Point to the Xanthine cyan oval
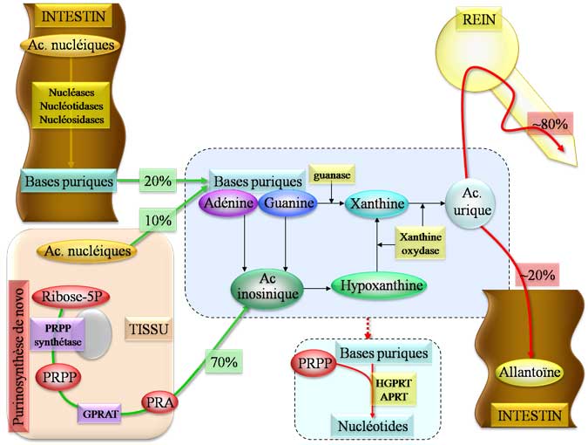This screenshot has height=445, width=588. point(377,205)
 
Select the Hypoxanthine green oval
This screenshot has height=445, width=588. point(377,285)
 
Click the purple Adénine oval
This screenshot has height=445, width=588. point(228,204)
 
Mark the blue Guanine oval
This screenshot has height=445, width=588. point(286,204)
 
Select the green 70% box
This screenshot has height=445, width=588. point(220,360)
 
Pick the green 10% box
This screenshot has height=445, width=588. point(158,221)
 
